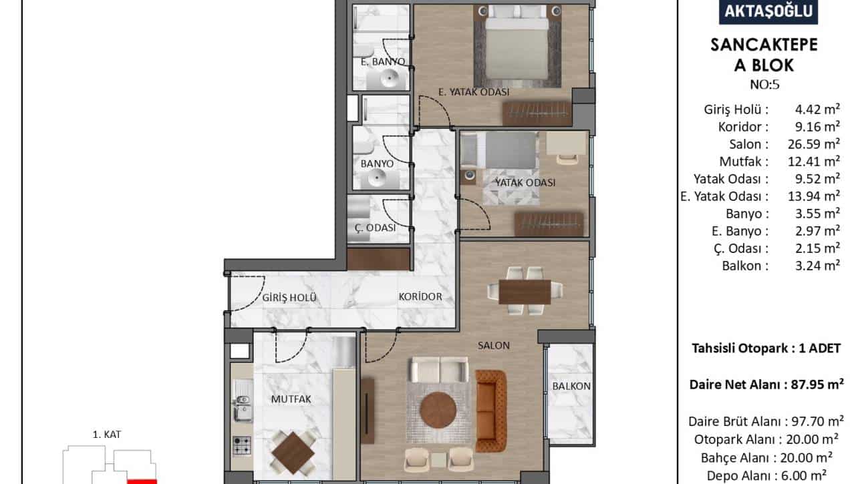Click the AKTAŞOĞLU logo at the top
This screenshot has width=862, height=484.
(x=768, y=11)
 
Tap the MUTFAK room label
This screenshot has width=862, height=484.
(x=291, y=399)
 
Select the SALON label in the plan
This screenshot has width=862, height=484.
(x=494, y=346)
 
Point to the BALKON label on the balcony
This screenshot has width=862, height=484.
(x=571, y=386)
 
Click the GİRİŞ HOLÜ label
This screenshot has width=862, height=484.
(x=289, y=297)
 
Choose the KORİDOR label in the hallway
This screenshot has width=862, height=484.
(x=420, y=297)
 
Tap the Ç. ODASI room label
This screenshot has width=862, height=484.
(x=375, y=228)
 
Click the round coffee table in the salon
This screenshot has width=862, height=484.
(x=438, y=410)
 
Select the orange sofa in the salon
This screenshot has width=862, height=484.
(x=491, y=411)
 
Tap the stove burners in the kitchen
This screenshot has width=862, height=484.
(x=242, y=446)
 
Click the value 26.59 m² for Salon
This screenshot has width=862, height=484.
(x=813, y=144)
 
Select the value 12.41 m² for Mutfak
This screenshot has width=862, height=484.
(x=813, y=161)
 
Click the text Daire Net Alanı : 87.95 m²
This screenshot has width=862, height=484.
(x=766, y=385)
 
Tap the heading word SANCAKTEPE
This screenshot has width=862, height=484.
(x=764, y=45)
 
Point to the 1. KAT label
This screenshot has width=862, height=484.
(x=107, y=435)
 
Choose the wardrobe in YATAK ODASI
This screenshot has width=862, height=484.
(x=549, y=224)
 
